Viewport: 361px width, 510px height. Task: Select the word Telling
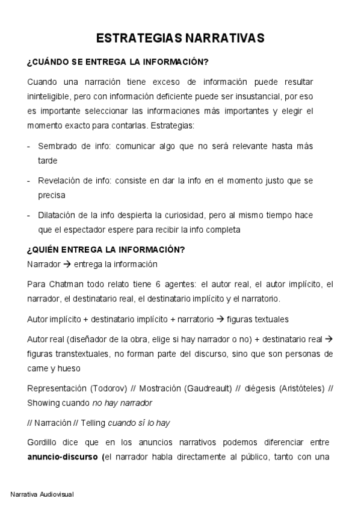[90, 423]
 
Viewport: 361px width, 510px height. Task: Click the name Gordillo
[42, 443]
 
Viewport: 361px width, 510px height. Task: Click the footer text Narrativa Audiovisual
[42, 494]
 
